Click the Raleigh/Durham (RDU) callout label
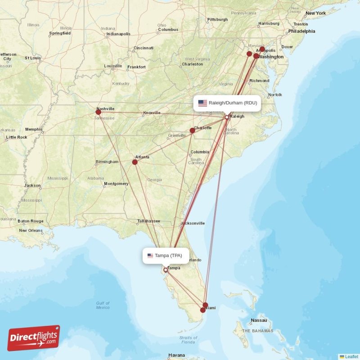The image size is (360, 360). tap(228, 103)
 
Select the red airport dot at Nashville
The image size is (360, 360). tap(99, 112)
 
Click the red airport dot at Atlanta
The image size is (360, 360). tap(135, 162)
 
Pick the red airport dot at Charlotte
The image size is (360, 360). tap(192, 130)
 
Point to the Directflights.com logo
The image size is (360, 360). tap(34, 338)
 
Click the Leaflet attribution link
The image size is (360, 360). tap(351, 356)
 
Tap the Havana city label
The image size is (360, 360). tap(176, 355)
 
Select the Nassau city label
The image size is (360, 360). tap(259, 320)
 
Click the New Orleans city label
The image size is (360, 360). tap(31, 230)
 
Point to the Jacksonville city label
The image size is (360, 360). tap(193, 223)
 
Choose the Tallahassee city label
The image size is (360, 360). tap(148, 221)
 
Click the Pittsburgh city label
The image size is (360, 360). tap(217, 20)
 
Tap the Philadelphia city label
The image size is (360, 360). tap(301, 31)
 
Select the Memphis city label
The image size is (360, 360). tap(34, 130)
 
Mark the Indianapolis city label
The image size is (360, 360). tap(118, 34)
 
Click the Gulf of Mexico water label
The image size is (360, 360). tap(103, 305)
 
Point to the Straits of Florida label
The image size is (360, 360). tap(188, 340)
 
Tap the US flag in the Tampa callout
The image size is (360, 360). tap(150, 256)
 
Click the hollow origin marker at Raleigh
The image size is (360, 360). tap(227, 117)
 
